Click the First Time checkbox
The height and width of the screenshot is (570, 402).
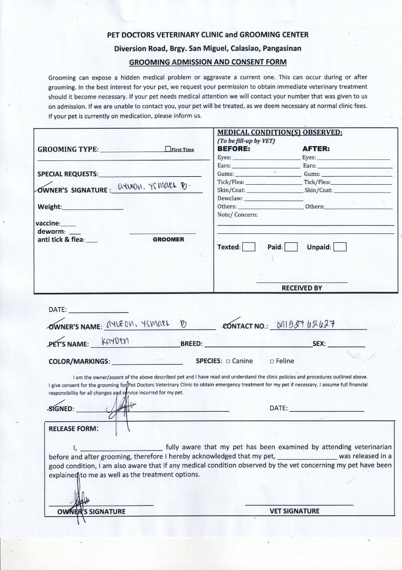[x=168, y=149]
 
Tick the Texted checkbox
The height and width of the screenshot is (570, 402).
[x=249, y=247]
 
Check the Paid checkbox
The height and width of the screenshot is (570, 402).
[x=291, y=247]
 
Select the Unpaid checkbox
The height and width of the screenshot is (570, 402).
[x=340, y=247]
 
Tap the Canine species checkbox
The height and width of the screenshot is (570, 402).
[x=228, y=362]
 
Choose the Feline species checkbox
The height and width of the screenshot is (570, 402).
[x=272, y=362]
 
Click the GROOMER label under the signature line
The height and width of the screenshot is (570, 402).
[x=168, y=240]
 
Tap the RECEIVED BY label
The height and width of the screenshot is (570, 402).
[x=301, y=288]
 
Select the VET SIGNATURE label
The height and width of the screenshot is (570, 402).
[x=294, y=511]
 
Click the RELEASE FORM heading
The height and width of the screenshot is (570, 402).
[x=73, y=429]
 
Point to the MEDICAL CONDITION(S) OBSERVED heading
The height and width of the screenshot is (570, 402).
[x=280, y=132]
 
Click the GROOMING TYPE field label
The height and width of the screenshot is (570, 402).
[x=68, y=149]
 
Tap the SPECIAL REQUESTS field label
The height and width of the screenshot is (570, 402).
[x=68, y=174]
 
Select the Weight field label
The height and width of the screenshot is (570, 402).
[x=50, y=207]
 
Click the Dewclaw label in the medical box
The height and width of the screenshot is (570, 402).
[x=230, y=198]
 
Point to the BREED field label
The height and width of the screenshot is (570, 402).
[x=191, y=344]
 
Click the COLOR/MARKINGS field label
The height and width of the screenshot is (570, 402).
[x=79, y=362]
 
